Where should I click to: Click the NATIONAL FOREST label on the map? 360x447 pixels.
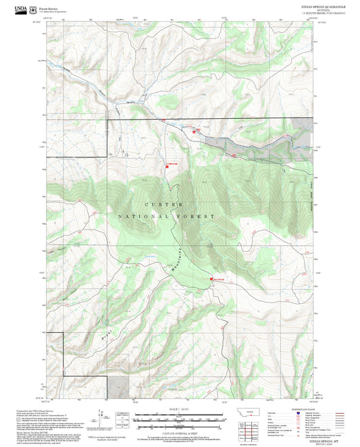point(166,216)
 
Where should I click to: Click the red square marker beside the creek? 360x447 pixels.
point(195,132)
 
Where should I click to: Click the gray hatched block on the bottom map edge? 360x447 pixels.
point(120,387)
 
